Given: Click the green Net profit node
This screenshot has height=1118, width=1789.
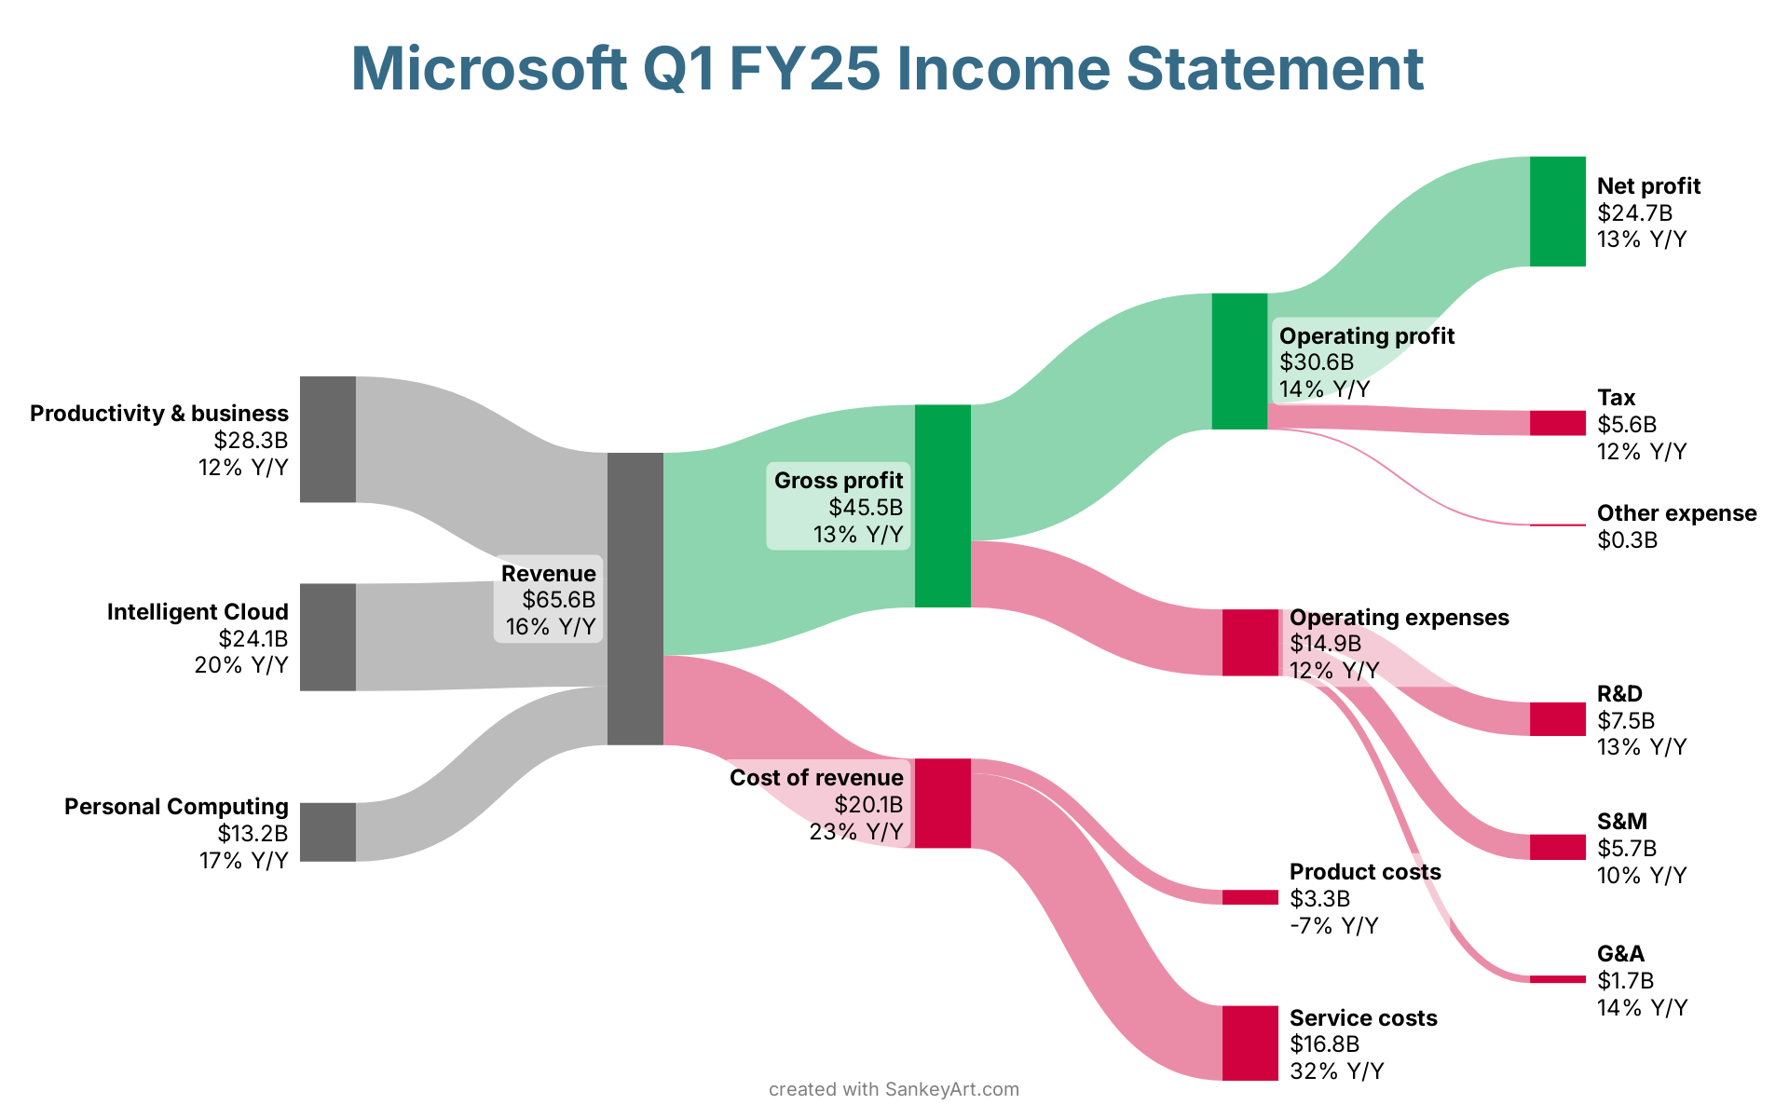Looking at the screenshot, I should [x=1557, y=211].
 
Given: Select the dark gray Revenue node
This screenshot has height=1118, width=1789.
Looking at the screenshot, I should [x=635, y=598].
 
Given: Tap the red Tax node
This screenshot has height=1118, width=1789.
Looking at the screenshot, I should [x=1557, y=423].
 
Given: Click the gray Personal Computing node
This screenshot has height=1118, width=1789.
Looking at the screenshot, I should [x=327, y=832].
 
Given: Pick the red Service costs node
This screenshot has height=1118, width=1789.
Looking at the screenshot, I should [x=1250, y=1043].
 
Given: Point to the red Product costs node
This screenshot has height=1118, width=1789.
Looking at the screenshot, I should [x=1250, y=897].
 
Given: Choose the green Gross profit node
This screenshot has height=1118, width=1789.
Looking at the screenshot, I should [x=942, y=506].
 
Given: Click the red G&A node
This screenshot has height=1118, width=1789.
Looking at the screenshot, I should [x=1557, y=979].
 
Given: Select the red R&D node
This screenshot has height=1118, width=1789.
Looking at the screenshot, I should [x=1557, y=719].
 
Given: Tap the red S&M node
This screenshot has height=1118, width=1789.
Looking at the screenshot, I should [x=1557, y=847].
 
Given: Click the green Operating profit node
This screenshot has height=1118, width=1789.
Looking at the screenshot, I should [x=1239, y=361].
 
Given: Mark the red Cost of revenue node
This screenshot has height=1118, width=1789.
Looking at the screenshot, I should [x=942, y=803].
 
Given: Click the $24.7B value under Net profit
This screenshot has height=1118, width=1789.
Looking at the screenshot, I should [x=1634, y=213].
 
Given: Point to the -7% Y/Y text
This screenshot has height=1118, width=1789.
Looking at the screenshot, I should [x=1333, y=926].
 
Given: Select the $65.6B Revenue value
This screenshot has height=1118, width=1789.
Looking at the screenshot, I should [x=558, y=600].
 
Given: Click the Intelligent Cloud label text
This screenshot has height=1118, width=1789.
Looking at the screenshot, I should [x=198, y=612].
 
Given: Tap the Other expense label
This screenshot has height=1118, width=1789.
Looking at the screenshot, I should [x=1676, y=513].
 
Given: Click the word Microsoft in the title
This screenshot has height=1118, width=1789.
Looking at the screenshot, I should [x=488, y=69].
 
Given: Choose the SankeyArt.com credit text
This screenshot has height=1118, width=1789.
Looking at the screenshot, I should [x=951, y=1089].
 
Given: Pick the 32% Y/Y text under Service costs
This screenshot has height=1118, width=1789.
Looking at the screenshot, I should [x=1336, y=1071].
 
